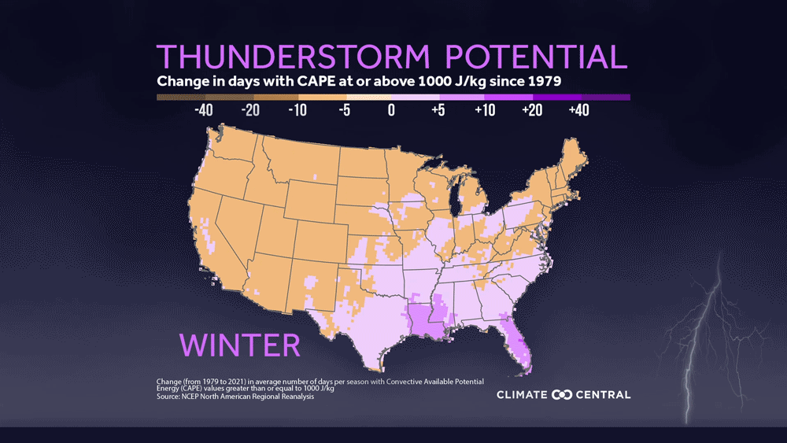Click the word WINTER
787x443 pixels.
240,345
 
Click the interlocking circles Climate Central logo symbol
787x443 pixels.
563,394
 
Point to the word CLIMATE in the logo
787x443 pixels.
523,394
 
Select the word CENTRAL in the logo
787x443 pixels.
603,394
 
